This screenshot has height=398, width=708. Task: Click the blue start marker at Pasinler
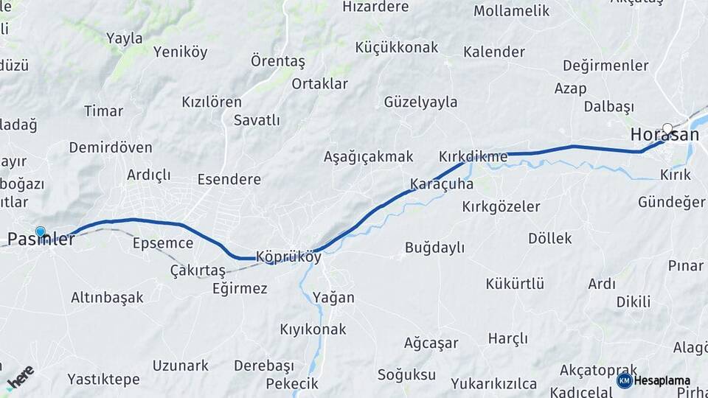tap(40, 232)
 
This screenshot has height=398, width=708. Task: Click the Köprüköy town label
tap(288, 257)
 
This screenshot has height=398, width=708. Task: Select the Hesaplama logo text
tap(662, 380)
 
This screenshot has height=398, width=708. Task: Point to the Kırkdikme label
tap(473, 157)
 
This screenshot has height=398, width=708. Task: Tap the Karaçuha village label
tap(441, 184)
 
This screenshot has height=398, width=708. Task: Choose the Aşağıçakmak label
tap(368, 156)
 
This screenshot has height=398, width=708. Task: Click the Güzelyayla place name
tap(420, 102)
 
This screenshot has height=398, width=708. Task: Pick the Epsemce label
tap(163, 243)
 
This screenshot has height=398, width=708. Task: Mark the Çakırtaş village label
tap(197, 270)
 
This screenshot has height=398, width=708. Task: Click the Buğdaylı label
tap(434, 248)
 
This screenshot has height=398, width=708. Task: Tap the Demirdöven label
tap(111, 147)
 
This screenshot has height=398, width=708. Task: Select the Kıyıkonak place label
tap(313, 329)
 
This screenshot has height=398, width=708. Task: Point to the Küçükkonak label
tap(396, 47)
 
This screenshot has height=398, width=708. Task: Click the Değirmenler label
tap(605, 65)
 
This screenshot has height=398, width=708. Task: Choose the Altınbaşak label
tap(107, 298)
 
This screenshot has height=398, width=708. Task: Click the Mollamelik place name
tap(511, 11)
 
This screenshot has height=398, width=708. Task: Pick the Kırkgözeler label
tap(501, 207)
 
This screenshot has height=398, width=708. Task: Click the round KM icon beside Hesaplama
tap(624, 380)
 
